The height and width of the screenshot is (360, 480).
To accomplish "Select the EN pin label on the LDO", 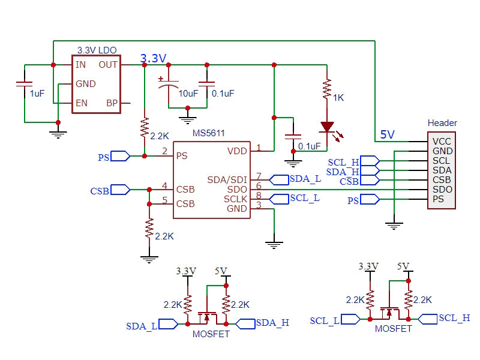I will coord(81,103).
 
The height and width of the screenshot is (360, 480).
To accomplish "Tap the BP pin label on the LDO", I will coord(112,103).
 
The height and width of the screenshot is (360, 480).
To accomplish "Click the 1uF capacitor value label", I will coord(37,93).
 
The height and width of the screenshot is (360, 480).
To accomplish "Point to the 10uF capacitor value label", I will coord(188,93).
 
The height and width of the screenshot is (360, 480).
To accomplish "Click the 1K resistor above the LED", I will coord(327,89).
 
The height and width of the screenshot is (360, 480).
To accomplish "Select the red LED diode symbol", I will coord(327,127).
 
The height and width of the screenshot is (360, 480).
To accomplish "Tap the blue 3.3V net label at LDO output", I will coord(153,58).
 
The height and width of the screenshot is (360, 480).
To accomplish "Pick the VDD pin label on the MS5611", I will coord(237,151).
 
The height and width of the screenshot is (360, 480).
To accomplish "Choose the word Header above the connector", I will coord(442,123).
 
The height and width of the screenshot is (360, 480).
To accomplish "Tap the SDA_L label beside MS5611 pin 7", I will coord(305,179).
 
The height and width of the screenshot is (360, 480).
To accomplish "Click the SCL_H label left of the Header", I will coord(343,162).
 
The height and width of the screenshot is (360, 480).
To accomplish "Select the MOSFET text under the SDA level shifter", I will coord(211,334).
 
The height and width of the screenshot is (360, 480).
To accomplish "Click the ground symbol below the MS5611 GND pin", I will coord(274,244).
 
